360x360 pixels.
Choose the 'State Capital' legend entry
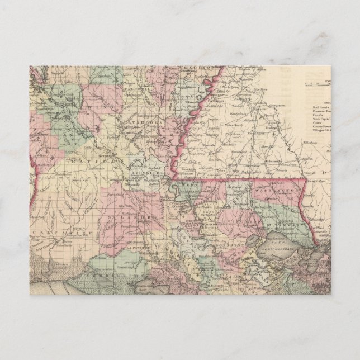point(323,118)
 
